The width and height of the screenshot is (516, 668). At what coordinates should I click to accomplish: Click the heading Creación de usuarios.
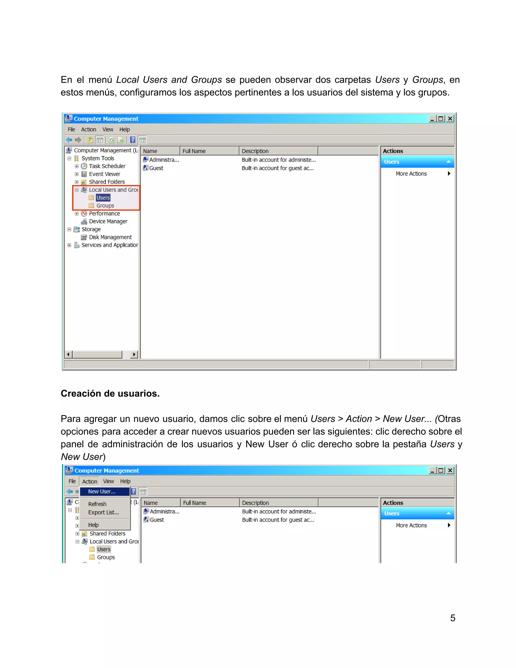tap(110, 393)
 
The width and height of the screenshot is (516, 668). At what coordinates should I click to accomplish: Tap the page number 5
tap(453, 618)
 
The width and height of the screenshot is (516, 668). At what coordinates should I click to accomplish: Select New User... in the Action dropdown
tap(102, 492)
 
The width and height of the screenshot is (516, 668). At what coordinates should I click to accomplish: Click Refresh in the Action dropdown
tap(97, 504)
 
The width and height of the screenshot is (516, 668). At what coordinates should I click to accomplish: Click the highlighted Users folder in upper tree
tap(103, 198)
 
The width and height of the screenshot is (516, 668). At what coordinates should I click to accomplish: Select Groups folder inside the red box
tap(105, 205)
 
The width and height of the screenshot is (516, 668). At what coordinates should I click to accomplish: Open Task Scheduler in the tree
tap(107, 166)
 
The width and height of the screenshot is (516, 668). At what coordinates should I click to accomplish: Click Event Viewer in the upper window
tap(104, 174)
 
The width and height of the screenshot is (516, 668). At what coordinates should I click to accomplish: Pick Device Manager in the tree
tap(108, 221)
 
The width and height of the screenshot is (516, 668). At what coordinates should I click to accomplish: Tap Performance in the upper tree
tap(104, 214)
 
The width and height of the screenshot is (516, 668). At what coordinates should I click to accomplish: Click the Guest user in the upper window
tap(156, 168)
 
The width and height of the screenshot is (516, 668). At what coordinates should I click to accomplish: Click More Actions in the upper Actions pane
tap(411, 174)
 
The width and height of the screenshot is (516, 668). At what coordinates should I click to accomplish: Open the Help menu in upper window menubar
tap(124, 130)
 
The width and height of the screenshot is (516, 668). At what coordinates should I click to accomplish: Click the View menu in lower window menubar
tap(108, 481)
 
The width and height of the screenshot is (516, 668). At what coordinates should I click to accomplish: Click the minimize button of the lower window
tap(432, 470)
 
